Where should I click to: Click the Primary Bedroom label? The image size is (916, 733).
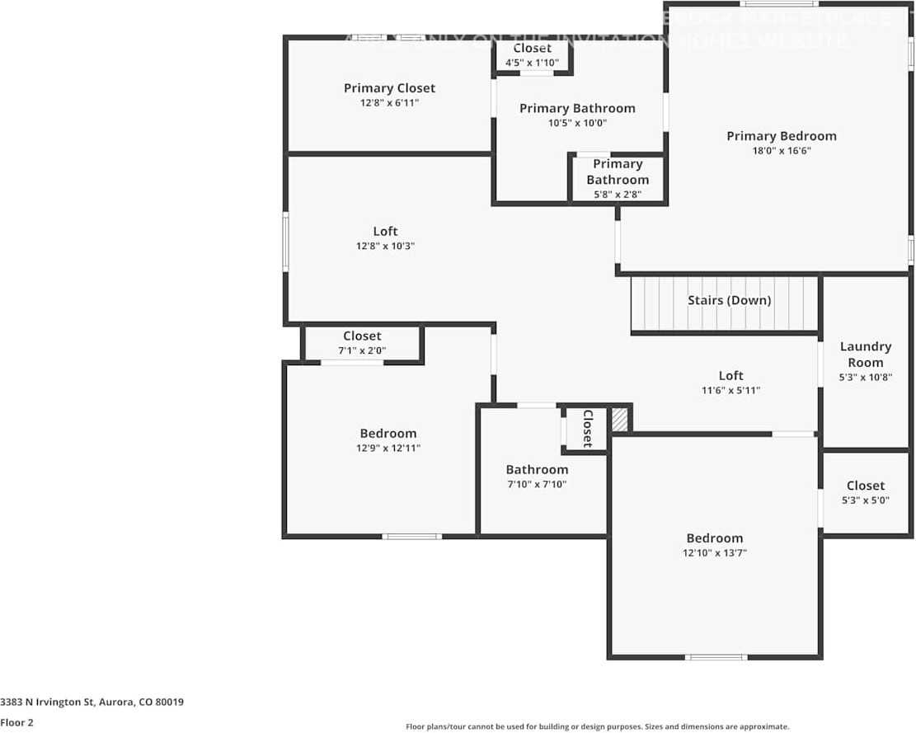(x=781, y=136)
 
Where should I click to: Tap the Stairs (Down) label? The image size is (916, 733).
(x=729, y=300)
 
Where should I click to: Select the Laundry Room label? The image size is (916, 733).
(x=865, y=355)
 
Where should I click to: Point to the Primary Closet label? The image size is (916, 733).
(x=389, y=88)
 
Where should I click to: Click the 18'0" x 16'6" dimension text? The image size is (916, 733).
(x=781, y=151)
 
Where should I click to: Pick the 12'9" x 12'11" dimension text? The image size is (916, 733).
(x=388, y=449)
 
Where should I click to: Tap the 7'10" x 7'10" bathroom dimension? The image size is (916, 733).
(x=537, y=484)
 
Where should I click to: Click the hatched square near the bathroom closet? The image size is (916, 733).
(x=619, y=420)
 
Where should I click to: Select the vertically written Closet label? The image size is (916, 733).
(x=588, y=428)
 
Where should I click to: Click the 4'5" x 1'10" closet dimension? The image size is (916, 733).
(x=532, y=63)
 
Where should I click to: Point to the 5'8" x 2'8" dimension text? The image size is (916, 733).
(x=618, y=195)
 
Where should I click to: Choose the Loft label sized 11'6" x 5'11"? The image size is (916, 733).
(x=730, y=375)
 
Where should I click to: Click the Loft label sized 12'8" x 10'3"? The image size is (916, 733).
(x=385, y=231)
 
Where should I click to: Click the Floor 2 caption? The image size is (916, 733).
(x=17, y=722)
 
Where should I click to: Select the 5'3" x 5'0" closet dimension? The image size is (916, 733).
(x=865, y=500)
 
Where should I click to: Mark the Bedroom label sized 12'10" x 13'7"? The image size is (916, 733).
(x=714, y=538)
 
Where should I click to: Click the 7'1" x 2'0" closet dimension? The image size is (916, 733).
(x=362, y=350)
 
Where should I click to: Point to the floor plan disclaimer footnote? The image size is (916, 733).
(x=597, y=726)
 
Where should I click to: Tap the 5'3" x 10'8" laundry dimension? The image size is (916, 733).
(x=865, y=378)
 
